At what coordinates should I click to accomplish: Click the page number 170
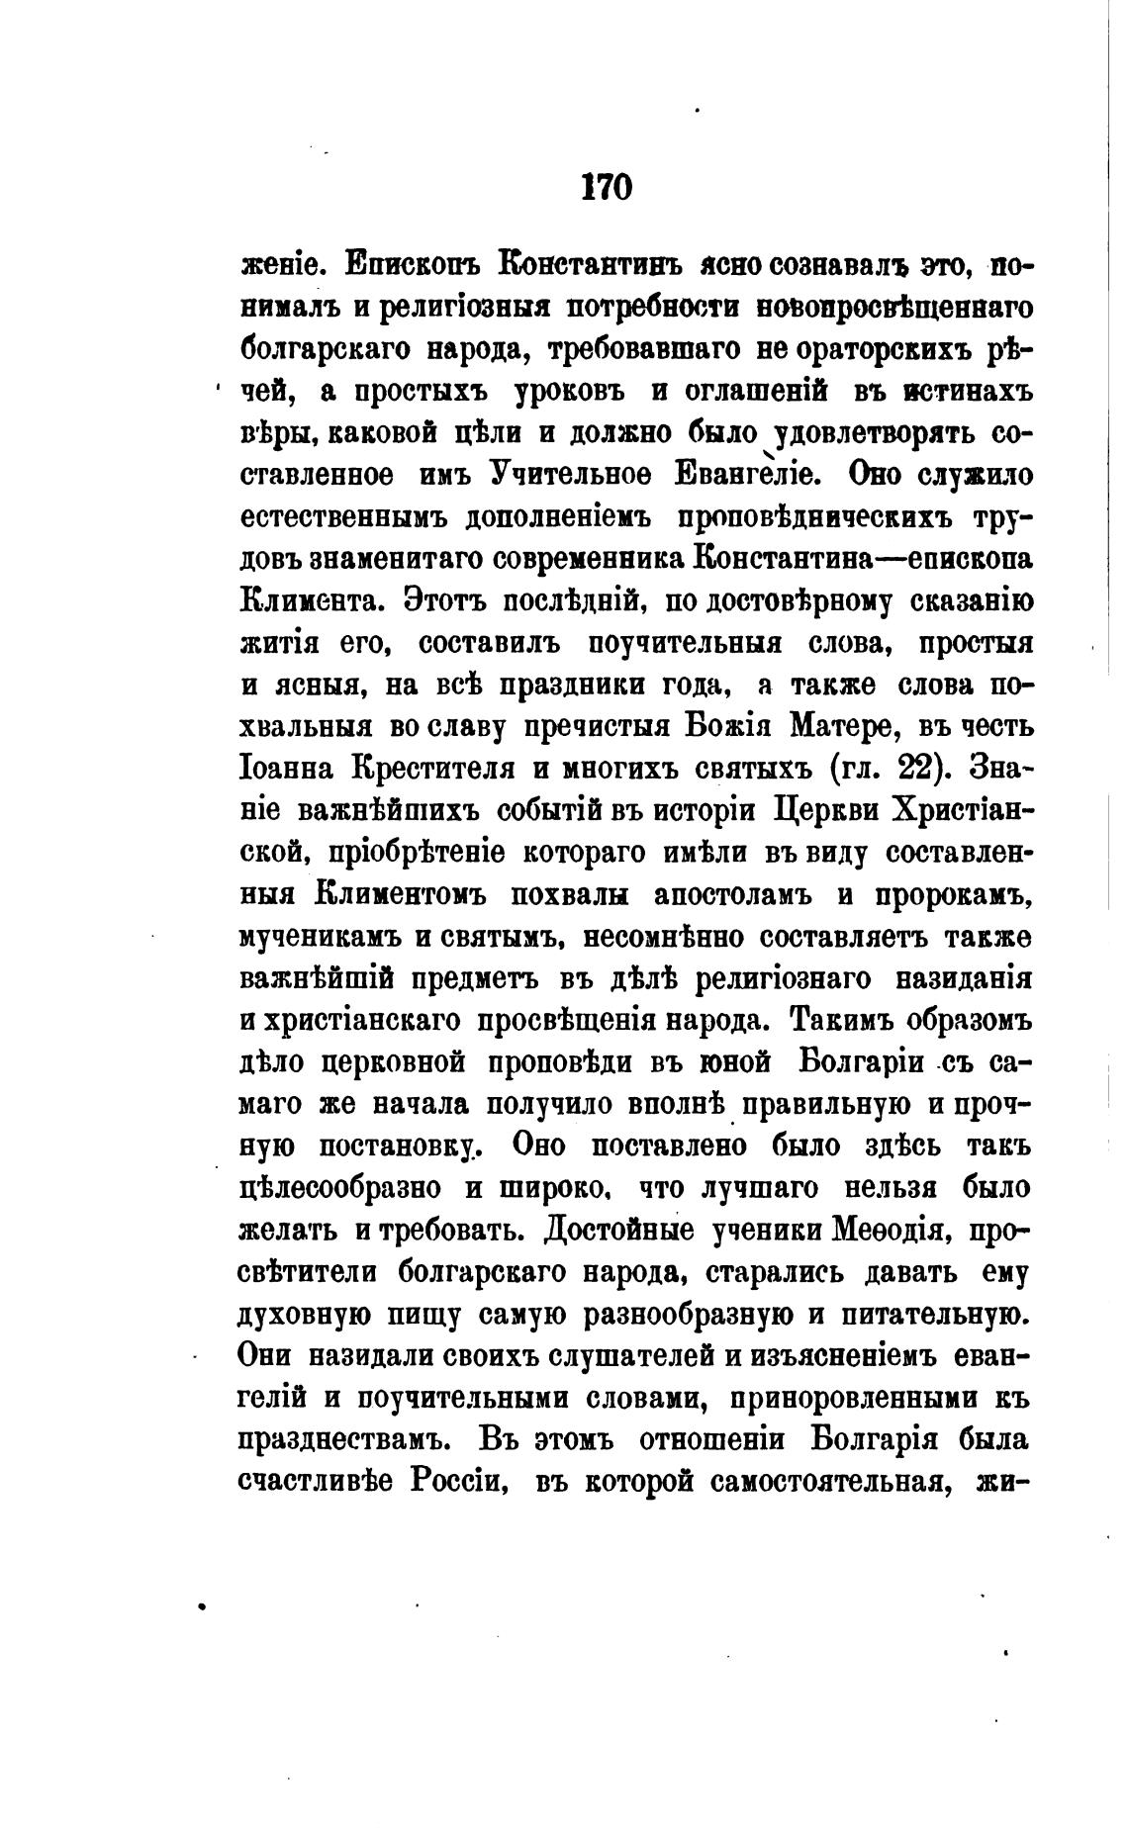pos(606,186)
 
